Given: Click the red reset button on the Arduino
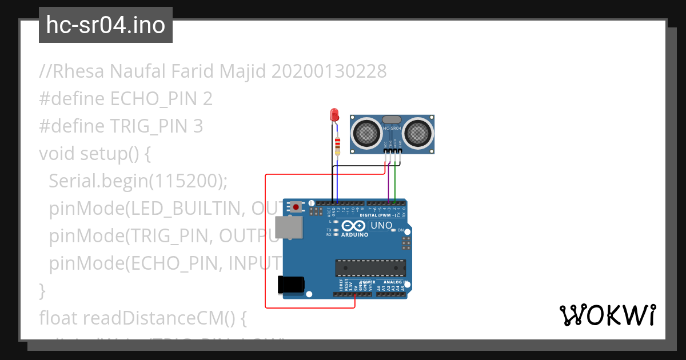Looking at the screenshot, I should tap(296, 206).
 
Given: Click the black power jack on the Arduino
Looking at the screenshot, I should tap(290, 286).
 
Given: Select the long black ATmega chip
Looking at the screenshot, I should tap(370, 268).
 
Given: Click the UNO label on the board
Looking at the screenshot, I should tap(381, 225).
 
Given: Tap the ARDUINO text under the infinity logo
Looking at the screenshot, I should tap(354, 234).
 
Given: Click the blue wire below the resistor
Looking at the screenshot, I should tap(337, 177).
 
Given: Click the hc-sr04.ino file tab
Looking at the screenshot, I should tap(106, 25).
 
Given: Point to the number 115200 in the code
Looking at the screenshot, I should tap(186, 181).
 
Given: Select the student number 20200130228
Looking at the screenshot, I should tap(329, 71).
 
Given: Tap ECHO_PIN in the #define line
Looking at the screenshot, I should tap(154, 99).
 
